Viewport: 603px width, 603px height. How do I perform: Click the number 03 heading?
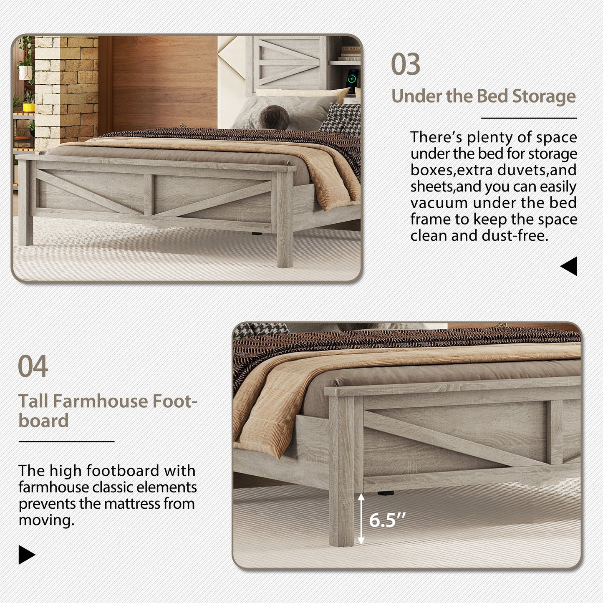[x=406, y=65]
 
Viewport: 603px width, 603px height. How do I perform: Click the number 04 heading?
[x=33, y=367]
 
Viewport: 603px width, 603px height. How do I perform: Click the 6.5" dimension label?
[x=387, y=520]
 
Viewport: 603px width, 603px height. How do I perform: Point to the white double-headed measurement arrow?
[x=361, y=519]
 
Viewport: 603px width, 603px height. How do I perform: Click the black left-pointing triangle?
[x=570, y=266]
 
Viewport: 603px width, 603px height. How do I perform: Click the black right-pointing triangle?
[x=27, y=555]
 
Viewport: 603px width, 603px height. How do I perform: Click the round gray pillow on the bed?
[x=272, y=117]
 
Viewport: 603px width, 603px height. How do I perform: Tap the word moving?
[x=46, y=520]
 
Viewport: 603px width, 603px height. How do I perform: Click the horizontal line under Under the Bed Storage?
[x=529, y=118]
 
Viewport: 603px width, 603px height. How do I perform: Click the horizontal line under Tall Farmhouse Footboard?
[x=66, y=442]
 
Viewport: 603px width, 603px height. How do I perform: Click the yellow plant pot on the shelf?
[x=28, y=107]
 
